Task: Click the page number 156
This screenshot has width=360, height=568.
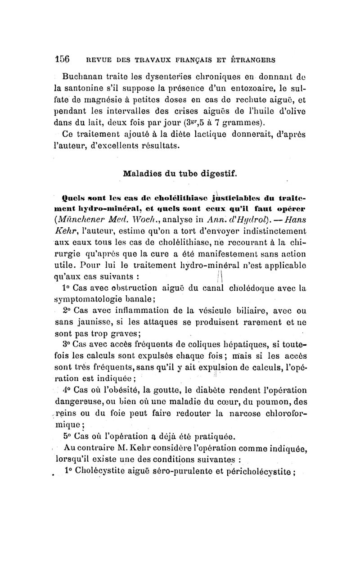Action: tap(61, 59)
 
